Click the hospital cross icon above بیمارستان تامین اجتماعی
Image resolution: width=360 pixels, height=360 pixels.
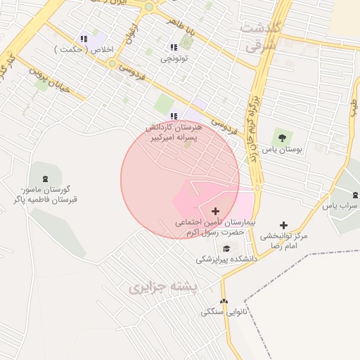coord(215,211)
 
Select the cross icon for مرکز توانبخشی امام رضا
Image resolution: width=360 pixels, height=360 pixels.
coord(283,225)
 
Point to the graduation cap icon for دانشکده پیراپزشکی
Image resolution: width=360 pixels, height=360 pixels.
coord(226,248)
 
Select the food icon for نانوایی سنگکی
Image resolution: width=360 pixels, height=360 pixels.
coord(224,302)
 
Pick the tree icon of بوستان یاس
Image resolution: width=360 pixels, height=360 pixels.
coord(282,137)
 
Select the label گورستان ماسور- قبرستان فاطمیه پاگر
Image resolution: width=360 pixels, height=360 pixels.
coord(46,195)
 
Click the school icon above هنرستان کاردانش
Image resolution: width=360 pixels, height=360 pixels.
coord(174,116)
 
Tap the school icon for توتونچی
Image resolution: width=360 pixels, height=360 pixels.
coord(174,47)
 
